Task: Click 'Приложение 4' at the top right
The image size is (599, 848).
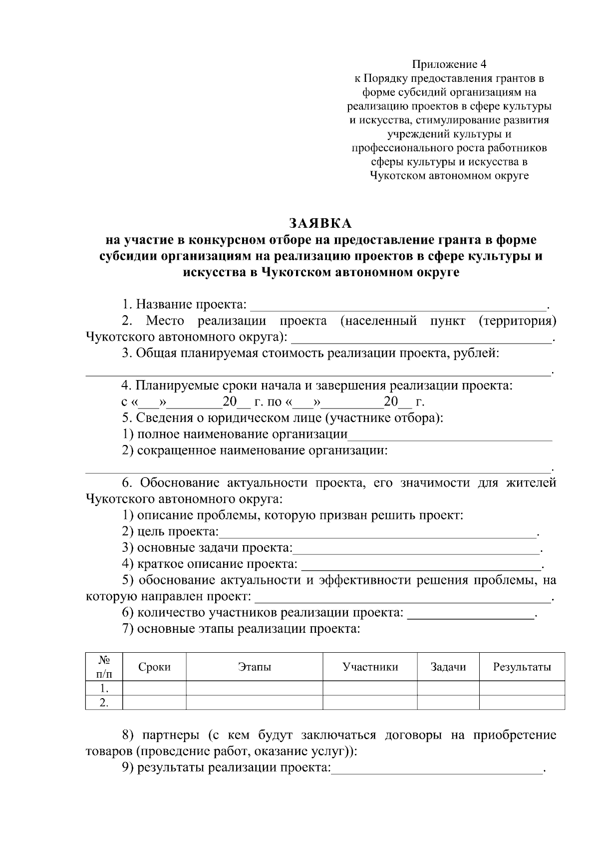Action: (448, 64)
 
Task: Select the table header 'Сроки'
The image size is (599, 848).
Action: (154, 667)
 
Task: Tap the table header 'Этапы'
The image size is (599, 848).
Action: (255, 667)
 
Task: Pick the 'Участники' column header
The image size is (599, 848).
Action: (370, 667)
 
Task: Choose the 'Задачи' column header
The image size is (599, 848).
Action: (448, 667)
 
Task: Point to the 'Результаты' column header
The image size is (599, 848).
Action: (522, 667)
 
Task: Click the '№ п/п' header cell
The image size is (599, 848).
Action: (104, 667)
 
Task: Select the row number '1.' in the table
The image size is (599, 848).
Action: (104, 688)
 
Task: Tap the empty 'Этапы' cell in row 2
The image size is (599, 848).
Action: (255, 703)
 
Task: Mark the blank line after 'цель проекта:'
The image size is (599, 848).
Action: (377, 533)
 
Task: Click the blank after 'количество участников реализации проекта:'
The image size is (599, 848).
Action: (471, 614)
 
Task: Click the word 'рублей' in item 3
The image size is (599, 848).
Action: (480, 354)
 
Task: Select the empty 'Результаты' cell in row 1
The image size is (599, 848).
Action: (522, 688)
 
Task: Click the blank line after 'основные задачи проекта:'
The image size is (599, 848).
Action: (416, 549)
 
